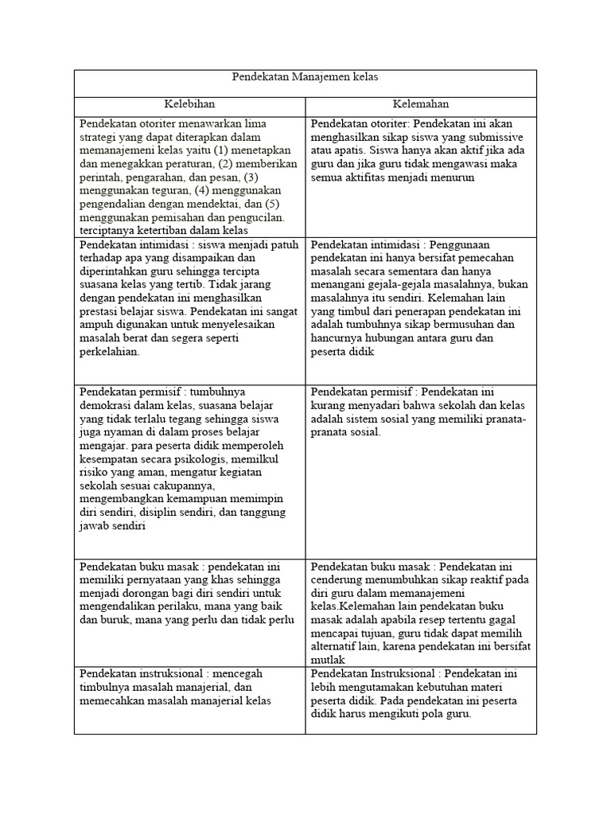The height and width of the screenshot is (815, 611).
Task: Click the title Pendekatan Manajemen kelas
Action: [x=305, y=77]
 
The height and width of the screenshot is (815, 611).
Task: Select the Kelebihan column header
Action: [x=189, y=104]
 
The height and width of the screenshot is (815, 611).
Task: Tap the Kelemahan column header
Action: [x=421, y=104]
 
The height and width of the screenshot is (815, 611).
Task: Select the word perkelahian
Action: [x=109, y=353]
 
